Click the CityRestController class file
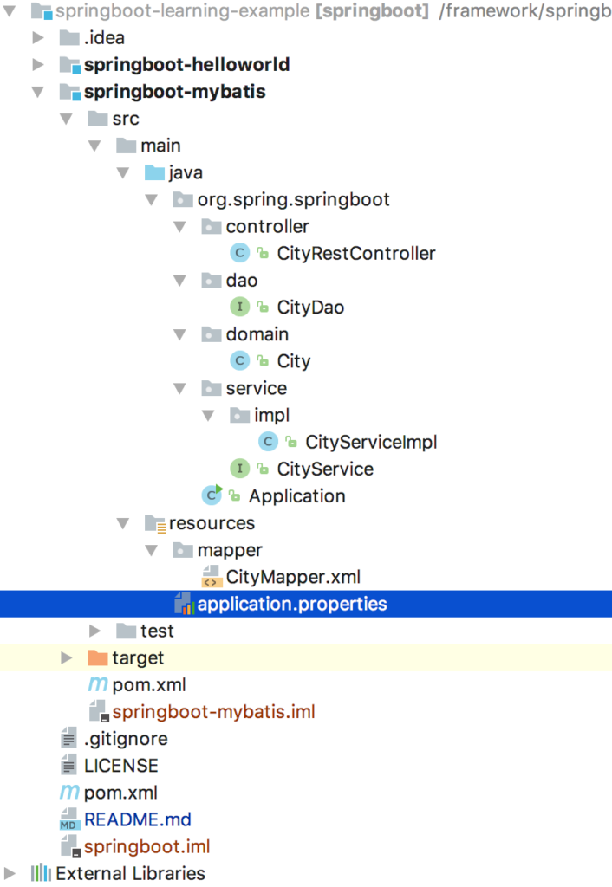[355, 254]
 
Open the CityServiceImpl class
[370, 442]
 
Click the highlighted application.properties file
[291, 604]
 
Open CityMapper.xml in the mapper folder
[292, 577]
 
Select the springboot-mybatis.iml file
[213, 712]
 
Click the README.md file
[137, 819]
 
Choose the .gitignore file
[126, 739]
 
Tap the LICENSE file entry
[120, 766]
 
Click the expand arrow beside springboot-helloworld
[37, 65]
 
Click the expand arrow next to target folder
[66, 658]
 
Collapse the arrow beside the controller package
[180, 227]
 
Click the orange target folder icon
[98, 658]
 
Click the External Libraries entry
[130, 873]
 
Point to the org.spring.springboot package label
[293, 200]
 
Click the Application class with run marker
[296, 496]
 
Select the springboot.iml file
[146, 846]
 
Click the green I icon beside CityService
[239, 469]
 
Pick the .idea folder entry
[104, 38]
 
